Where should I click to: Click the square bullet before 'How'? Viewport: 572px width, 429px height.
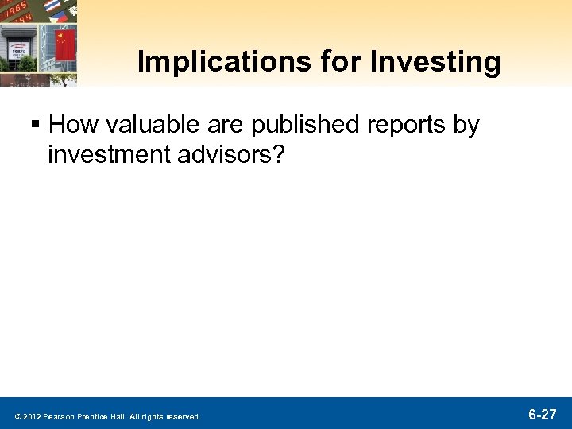[x=37, y=125]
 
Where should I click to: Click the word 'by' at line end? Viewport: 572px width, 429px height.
[x=466, y=126]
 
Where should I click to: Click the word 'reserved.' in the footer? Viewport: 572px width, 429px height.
[x=184, y=416]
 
